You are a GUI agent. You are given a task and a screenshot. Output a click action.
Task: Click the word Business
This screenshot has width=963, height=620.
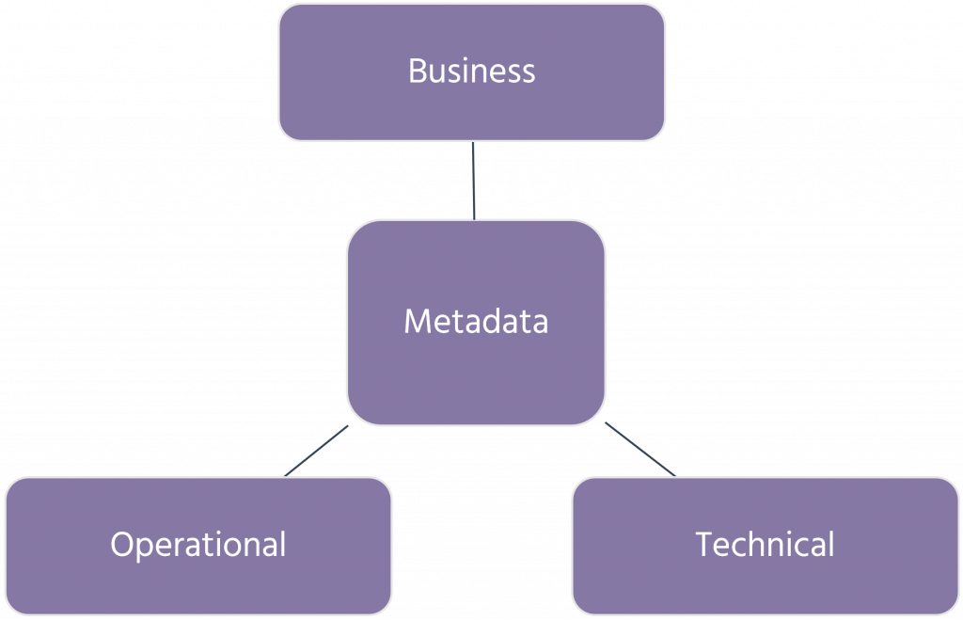coord(472,72)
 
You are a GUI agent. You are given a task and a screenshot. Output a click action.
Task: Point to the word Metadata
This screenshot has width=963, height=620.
coord(476,322)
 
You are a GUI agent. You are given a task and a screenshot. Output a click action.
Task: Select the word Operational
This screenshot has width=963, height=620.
coord(198,544)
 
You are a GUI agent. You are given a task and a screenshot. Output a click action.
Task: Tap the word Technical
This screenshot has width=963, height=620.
coord(766,544)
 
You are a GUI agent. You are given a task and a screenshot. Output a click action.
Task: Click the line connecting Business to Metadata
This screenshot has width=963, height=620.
coord(473,181)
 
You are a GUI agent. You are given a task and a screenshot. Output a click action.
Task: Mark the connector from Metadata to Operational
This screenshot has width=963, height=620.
coord(318,451)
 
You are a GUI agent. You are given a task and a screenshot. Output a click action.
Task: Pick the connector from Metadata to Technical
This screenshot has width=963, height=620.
coord(638,450)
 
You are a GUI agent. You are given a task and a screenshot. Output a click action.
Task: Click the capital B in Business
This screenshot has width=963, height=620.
coord(417,72)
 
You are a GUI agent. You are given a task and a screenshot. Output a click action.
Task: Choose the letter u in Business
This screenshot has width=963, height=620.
coord(437,74)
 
